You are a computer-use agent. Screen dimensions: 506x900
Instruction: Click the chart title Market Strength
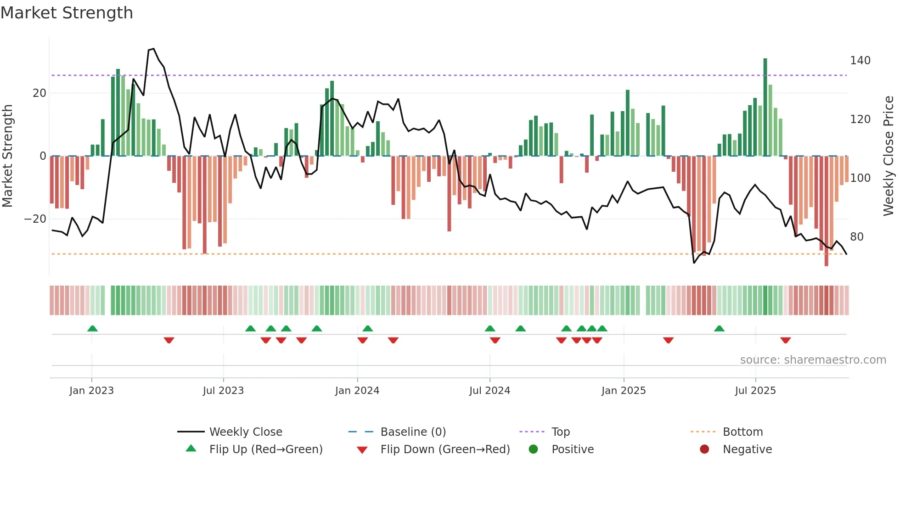pos(67,13)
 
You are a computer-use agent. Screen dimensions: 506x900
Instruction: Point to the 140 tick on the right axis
pos(860,61)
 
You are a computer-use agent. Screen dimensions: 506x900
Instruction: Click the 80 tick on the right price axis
pos(856,237)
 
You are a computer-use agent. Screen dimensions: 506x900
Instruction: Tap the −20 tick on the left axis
pos(35,219)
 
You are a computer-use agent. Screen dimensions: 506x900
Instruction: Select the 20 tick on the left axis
pos(39,93)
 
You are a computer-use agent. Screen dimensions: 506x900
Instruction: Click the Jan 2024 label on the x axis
pos(357,391)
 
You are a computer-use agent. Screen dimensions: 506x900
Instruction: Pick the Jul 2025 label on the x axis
pos(755,391)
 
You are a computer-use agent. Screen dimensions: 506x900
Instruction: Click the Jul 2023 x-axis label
pos(223,391)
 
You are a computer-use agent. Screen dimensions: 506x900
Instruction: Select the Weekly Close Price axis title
pos(889,156)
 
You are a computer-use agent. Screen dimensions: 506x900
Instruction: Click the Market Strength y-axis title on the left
pos(8,156)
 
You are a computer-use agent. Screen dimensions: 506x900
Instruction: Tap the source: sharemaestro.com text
pos(813,360)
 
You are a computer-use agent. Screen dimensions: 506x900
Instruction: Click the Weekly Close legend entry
pos(245,432)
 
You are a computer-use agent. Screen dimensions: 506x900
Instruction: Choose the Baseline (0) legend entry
pos(413,432)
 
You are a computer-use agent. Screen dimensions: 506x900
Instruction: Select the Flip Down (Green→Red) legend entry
pos(444,450)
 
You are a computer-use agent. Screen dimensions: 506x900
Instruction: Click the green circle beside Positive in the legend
pos(533,450)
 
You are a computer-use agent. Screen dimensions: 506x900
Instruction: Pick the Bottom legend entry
pos(742,432)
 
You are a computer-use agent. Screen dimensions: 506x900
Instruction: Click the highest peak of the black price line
pos(153,49)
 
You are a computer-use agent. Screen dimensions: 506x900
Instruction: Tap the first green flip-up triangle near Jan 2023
pos(92,328)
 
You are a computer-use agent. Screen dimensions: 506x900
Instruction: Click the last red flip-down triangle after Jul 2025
pos(785,340)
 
